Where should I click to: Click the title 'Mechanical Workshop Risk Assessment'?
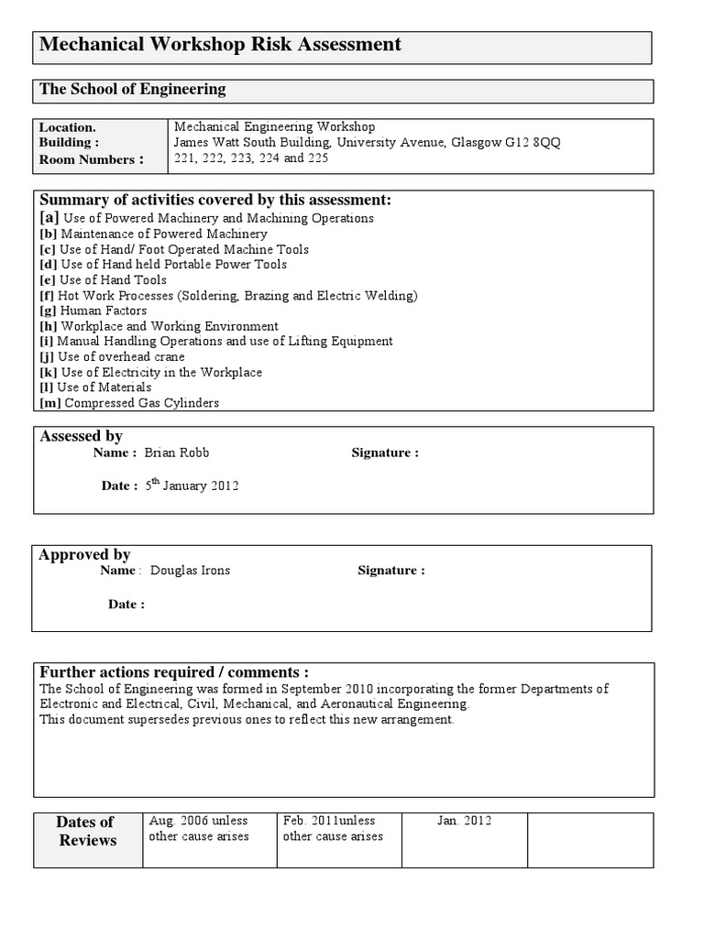(x=220, y=45)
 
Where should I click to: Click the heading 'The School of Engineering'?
(x=132, y=90)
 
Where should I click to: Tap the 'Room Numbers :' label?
(x=91, y=159)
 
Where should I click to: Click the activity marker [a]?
(x=49, y=218)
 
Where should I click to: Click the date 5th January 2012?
(x=192, y=485)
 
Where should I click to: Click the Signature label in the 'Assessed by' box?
(x=385, y=453)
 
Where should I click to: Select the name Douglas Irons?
(x=190, y=570)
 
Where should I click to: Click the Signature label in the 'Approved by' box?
(x=391, y=570)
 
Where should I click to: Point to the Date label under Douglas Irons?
(x=126, y=604)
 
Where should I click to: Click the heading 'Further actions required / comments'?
(x=174, y=671)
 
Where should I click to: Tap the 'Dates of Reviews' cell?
(x=87, y=831)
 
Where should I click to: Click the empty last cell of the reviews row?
(x=590, y=839)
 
